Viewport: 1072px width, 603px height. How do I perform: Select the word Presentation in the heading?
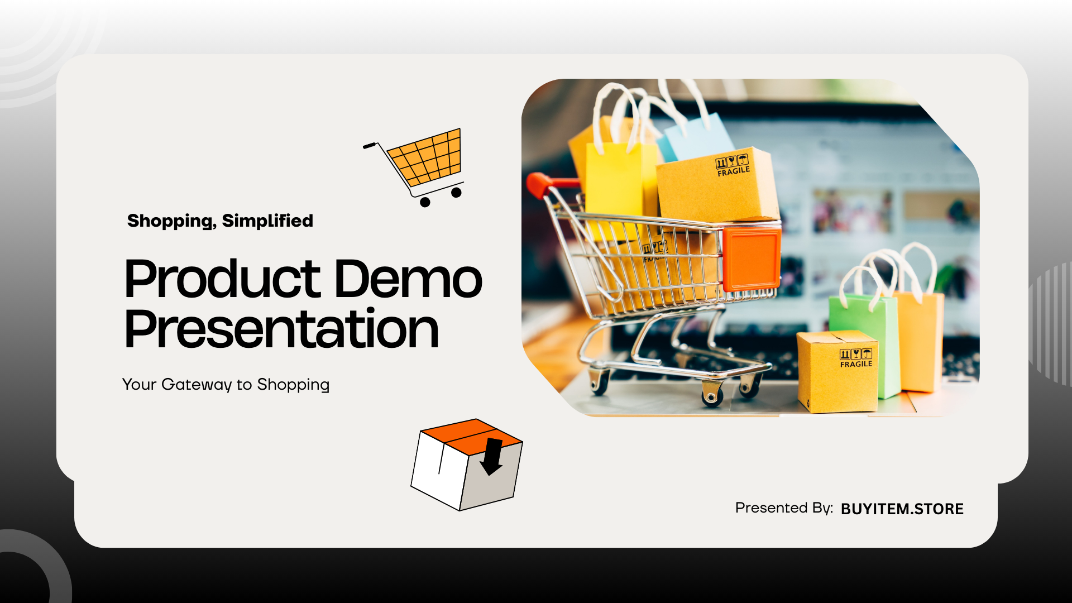pyautogui.click(x=281, y=329)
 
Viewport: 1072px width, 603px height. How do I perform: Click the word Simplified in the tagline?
pyautogui.click(x=267, y=221)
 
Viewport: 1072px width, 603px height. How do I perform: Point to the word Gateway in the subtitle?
pyautogui.click(x=197, y=385)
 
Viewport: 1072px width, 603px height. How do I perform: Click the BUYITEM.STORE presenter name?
pyautogui.click(x=902, y=509)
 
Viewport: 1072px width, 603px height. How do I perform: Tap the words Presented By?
pyautogui.click(x=784, y=508)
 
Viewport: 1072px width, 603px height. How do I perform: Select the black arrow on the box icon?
pyautogui.click(x=492, y=456)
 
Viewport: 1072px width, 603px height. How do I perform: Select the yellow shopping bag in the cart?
pyautogui.click(x=620, y=179)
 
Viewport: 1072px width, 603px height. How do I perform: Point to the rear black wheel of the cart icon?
pyautogui.click(x=425, y=202)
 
